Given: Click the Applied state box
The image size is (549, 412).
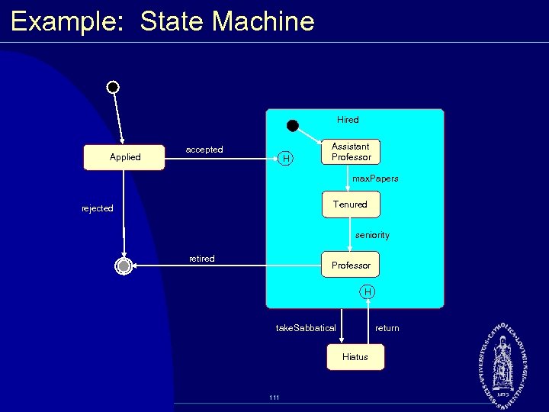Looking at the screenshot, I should pyautogui.click(x=125, y=157).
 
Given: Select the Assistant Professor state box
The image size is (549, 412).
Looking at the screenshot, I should pyautogui.click(x=351, y=152).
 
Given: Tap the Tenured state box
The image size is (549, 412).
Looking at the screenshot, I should pyautogui.click(x=350, y=204).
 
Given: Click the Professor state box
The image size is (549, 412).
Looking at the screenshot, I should pyautogui.click(x=350, y=265).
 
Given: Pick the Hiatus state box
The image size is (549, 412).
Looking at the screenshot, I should pyautogui.click(x=355, y=357).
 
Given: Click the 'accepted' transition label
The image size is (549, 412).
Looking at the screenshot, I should pyautogui.click(x=204, y=150).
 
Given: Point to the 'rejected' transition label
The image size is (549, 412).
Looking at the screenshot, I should pyautogui.click(x=98, y=208).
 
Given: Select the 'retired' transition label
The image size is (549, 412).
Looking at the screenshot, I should pyautogui.click(x=202, y=259).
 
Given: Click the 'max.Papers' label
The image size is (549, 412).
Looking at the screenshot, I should pyautogui.click(x=375, y=179).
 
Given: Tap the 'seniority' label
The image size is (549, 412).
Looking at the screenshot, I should pyautogui.click(x=372, y=235).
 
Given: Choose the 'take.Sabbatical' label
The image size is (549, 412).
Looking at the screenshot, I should pyautogui.click(x=306, y=328).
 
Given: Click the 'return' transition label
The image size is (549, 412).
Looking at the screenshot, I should pyautogui.click(x=387, y=328).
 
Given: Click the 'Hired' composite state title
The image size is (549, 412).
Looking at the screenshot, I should pyautogui.click(x=348, y=120).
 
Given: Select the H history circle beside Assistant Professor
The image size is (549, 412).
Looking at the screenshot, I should pyautogui.click(x=286, y=159).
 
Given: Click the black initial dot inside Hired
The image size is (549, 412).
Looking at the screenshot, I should pyautogui.click(x=293, y=125).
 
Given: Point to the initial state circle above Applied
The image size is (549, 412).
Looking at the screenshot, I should pyautogui.click(x=113, y=87).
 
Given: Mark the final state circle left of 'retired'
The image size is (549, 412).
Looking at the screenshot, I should pyautogui.click(x=124, y=266).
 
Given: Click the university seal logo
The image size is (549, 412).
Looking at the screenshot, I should pyautogui.click(x=504, y=362).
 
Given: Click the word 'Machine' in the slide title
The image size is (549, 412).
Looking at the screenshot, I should pyautogui.click(x=263, y=21).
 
